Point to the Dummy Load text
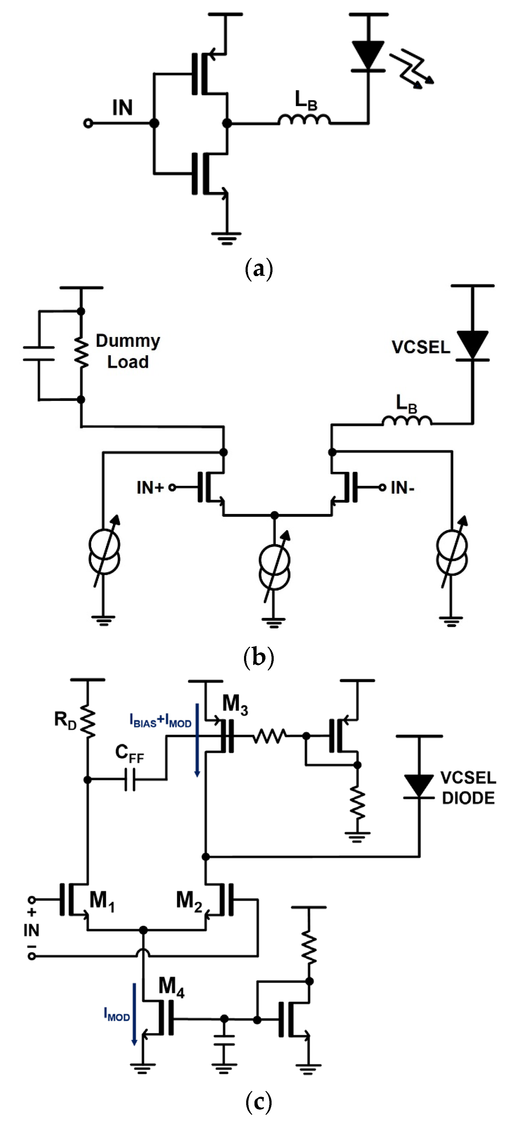128,351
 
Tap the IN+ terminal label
150,488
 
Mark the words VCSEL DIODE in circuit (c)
468,788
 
